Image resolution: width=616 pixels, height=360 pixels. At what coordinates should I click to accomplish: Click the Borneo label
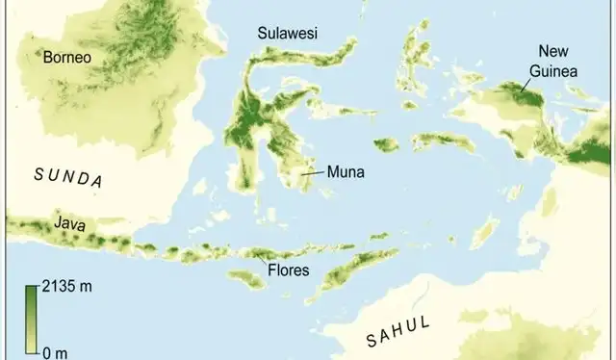pos(66,58)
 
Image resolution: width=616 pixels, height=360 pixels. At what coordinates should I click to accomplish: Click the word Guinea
pos(550,69)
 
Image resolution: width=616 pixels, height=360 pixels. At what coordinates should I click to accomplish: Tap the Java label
pos(68,223)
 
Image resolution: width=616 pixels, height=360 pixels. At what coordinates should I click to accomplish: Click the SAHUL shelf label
pos(398,329)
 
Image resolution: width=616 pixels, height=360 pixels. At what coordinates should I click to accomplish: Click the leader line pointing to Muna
pos(314,174)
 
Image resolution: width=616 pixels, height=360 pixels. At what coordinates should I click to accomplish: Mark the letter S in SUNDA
pos(38,172)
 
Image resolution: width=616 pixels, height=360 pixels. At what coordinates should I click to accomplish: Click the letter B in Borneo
pos(47,58)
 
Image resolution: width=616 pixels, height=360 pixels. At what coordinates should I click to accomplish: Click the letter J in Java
pos(58,223)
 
